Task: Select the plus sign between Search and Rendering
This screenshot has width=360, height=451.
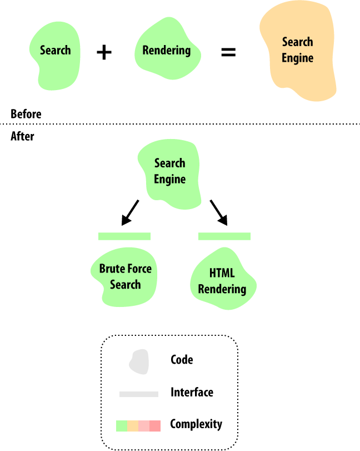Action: point(104,52)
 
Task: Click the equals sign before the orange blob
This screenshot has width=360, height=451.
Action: point(228,52)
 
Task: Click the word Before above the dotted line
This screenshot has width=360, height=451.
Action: point(26,114)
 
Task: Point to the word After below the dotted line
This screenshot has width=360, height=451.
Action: point(22,136)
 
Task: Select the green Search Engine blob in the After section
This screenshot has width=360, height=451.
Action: point(169,172)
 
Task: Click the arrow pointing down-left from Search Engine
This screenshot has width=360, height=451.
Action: point(129,212)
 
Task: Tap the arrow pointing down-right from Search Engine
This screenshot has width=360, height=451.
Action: point(219,212)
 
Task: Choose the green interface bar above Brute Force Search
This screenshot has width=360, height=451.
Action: point(124,236)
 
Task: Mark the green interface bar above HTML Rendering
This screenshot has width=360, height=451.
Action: point(224,236)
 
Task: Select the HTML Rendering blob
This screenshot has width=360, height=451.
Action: point(222,281)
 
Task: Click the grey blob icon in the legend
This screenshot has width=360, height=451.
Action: point(139,361)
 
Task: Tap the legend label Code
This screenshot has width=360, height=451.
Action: point(182,359)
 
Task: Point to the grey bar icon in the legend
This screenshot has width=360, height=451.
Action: point(139,394)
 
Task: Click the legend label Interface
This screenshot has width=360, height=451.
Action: point(192,392)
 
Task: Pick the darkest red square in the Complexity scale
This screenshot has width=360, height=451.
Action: point(155,426)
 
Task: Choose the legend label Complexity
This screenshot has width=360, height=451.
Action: point(196,424)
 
